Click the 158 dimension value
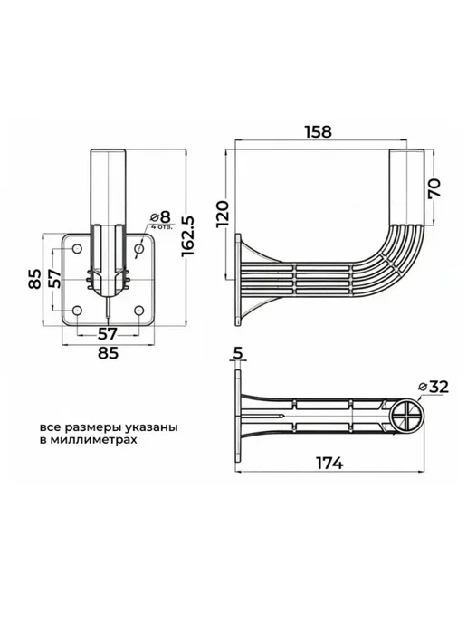[x=318, y=132]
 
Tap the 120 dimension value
[x=223, y=214]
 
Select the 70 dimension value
[x=434, y=188]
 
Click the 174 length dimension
[x=329, y=463]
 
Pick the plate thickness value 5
[x=237, y=353]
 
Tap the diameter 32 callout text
[x=434, y=387]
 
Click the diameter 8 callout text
[x=160, y=217]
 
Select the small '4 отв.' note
[x=162, y=227]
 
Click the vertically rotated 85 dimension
[x=35, y=280]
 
